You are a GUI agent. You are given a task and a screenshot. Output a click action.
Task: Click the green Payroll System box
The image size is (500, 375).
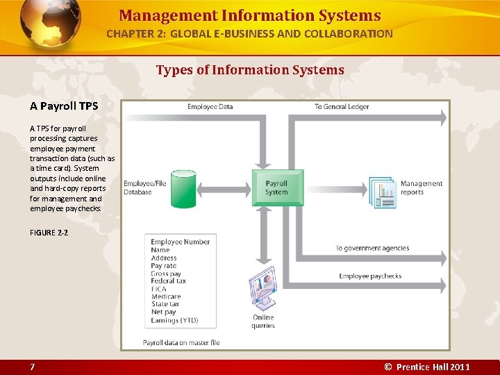tap(277, 187)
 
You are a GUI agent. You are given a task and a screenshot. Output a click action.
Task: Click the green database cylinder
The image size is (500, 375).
tap(184, 187)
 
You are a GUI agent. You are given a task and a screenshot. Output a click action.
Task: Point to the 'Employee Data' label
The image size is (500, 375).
tap(210, 106)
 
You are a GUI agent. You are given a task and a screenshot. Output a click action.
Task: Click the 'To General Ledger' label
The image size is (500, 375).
tap(342, 106)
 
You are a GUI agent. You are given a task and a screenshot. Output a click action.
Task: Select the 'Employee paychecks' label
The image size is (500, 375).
tap(370, 276)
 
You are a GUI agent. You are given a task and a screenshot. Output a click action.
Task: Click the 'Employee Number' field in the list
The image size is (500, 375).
tap(180, 242)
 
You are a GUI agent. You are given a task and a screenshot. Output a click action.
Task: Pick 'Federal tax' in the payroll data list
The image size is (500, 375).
tap(169, 281)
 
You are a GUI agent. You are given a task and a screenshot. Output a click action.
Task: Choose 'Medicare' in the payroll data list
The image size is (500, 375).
tap(166, 297)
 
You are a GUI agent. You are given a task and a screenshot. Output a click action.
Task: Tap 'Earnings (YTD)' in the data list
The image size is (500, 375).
tap(174, 320)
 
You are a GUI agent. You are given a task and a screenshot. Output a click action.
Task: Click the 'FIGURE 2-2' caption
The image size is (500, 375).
tap(49, 233)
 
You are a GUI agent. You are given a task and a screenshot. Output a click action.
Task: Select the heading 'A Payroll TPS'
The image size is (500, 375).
tap(64, 106)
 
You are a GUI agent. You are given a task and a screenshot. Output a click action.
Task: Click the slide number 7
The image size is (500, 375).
tap(32, 367)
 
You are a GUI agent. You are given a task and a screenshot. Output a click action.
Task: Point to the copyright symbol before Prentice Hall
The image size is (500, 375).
tap(388, 367)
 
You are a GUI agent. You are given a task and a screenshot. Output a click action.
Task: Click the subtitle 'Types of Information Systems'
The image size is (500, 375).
tap(250, 69)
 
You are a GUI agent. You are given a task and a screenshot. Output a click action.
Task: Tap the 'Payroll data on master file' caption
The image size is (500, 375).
tap(181, 342)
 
